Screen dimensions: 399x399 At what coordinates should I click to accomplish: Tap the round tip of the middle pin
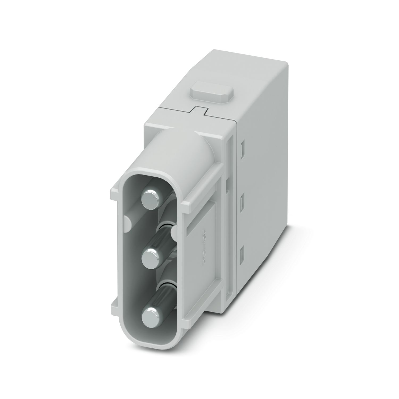click(x=150, y=257)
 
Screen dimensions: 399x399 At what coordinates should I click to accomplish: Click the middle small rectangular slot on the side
click(x=242, y=198)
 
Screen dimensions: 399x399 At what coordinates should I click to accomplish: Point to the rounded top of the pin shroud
click(x=170, y=144)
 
